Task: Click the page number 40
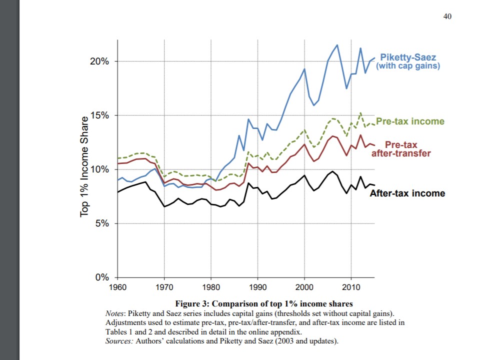tap(447, 16)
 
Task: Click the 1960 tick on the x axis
tap(117, 286)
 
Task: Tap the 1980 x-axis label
tap(210, 286)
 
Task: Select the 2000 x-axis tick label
tap(304, 286)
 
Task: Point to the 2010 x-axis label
tap(351, 286)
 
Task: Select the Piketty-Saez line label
tap(408, 61)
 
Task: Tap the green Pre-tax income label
tap(410, 121)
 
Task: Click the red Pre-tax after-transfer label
tap(401, 149)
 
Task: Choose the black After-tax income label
tap(407, 193)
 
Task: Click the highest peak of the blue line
tap(337, 45)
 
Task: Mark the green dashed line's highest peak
tap(360, 113)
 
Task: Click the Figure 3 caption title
tap(264, 304)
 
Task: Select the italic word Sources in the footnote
tap(118, 341)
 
